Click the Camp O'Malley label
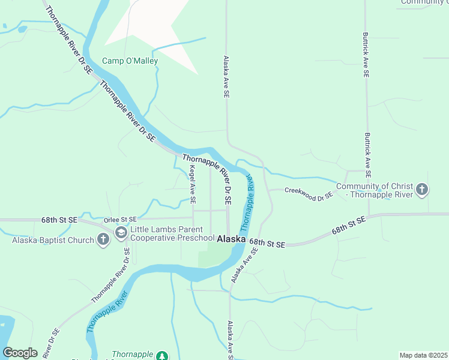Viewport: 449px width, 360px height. tap(130, 61)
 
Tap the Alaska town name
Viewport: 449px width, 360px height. tap(231, 239)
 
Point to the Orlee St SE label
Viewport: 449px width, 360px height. tap(120, 220)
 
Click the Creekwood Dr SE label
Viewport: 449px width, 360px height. tap(309, 194)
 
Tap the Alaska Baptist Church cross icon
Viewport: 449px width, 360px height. tap(103, 240)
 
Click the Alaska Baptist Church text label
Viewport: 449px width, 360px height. tap(53, 241)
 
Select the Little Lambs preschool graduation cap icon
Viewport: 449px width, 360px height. tap(121, 233)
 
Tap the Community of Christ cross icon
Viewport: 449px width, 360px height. tap(422, 190)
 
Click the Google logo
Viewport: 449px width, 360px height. tap(20, 353)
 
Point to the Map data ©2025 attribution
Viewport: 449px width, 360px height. tap(423, 355)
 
